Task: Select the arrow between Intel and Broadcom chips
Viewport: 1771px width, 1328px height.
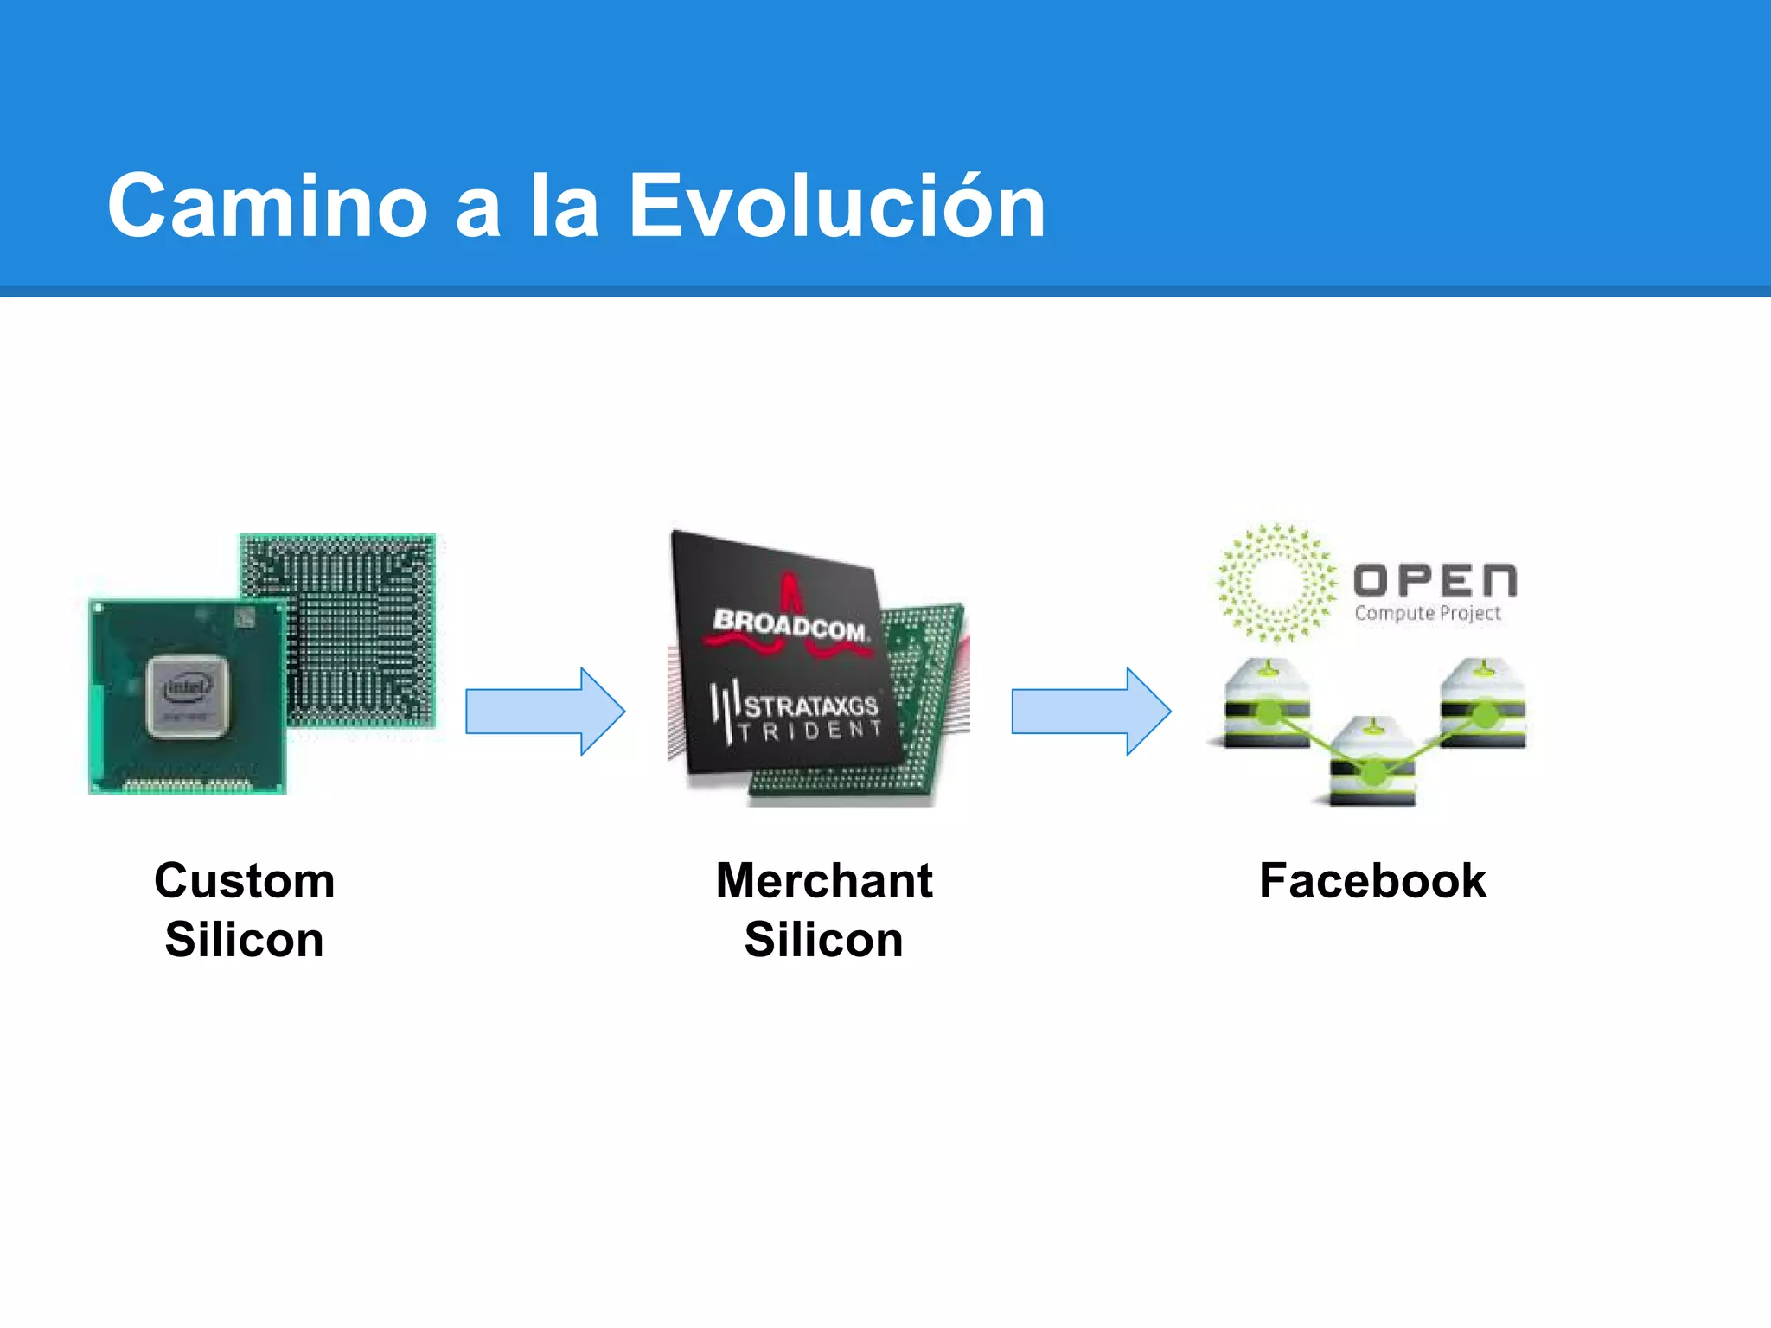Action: [x=545, y=711]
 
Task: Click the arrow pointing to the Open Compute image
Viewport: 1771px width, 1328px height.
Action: [x=1091, y=711]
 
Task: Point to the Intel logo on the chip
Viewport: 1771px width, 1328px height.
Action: [x=187, y=687]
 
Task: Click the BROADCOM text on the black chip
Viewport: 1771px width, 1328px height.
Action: [x=789, y=624]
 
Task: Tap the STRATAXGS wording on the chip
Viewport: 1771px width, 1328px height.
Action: [x=810, y=705]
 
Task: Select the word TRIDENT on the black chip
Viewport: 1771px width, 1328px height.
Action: [x=810, y=731]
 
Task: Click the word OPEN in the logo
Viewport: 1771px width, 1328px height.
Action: [x=1435, y=581]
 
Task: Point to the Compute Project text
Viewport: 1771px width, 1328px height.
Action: [x=1428, y=613]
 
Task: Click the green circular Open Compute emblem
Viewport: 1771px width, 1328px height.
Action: [x=1276, y=583]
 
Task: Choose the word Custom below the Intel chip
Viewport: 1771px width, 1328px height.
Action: [x=245, y=881]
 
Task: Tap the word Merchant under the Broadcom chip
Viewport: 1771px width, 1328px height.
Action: [x=824, y=881]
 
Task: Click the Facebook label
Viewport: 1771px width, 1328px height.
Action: [x=1372, y=881]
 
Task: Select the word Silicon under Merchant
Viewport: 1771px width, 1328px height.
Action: [x=824, y=940]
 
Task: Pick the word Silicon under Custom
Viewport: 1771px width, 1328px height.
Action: [x=245, y=940]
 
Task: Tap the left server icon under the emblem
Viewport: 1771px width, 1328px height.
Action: [x=1267, y=704]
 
